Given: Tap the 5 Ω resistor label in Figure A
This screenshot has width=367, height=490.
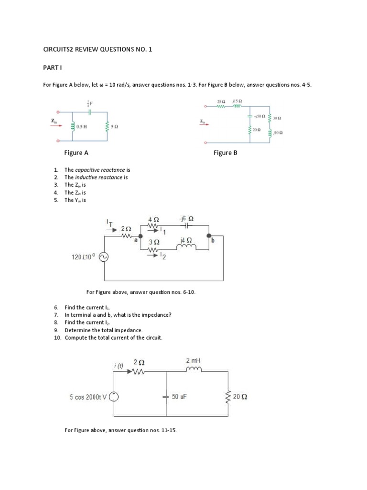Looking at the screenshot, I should [114, 126].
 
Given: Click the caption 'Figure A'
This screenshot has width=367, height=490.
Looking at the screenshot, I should [76, 153].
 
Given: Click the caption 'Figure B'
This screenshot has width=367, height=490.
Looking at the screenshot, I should [226, 153].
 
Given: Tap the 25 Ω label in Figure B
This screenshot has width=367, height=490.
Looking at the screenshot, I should [221, 101].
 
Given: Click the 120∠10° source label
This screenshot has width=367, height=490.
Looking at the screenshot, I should [84, 257].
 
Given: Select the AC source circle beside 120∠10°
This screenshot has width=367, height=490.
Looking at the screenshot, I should [104, 257].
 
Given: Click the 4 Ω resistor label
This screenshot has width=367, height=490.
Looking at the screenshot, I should [153, 220].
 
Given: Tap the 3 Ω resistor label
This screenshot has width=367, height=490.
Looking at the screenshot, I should [154, 243].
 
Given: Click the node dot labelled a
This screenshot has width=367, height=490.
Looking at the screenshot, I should [140, 236].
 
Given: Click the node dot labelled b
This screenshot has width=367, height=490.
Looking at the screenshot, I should [209, 236].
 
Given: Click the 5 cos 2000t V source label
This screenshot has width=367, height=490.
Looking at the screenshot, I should [88, 397].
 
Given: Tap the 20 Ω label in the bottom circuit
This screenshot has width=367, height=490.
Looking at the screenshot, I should [241, 397].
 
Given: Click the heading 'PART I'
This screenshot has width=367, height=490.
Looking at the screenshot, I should [52, 68].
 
